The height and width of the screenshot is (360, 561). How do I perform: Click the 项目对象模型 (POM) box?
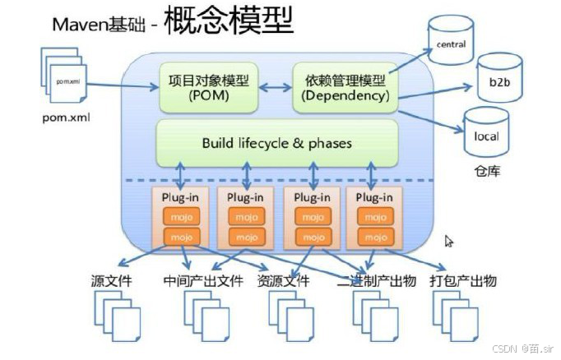[208, 87]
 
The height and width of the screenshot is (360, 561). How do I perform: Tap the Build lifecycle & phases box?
[276, 143]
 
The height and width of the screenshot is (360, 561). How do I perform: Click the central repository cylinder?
[450, 41]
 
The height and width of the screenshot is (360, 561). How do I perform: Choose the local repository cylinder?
[486, 135]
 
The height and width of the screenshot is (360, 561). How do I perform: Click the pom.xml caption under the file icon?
[66, 117]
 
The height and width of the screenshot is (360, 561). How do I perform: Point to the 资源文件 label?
[283, 281]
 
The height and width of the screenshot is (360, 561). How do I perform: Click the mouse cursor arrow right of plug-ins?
[449, 241]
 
